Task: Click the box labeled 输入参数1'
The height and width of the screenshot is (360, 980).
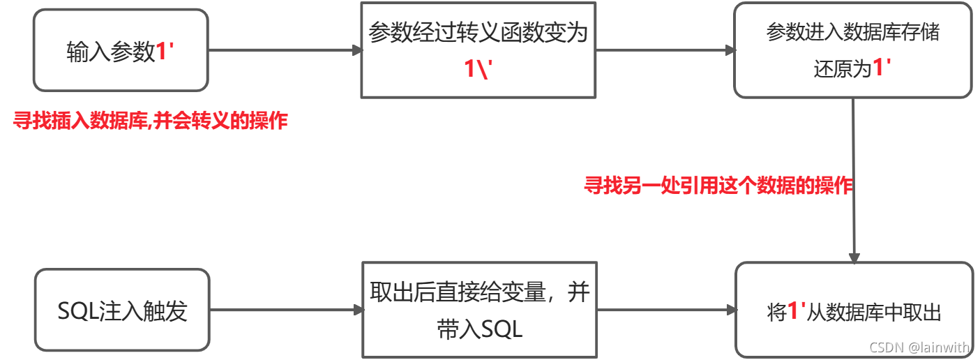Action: point(120,50)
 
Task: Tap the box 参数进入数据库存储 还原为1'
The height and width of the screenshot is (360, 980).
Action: point(852,50)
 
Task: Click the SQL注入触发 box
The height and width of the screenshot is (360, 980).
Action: point(121,310)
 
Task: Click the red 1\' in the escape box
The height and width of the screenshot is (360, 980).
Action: point(478,69)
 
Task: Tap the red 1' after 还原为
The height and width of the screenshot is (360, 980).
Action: point(883,68)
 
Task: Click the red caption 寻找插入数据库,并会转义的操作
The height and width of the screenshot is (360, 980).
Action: point(151,121)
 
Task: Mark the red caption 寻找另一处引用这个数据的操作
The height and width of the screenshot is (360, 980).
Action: point(718,186)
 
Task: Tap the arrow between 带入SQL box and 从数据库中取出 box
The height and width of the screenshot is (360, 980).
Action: point(666,310)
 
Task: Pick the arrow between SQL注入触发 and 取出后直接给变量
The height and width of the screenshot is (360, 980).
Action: point(286,310)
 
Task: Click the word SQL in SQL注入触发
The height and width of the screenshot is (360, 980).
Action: point(79,311)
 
